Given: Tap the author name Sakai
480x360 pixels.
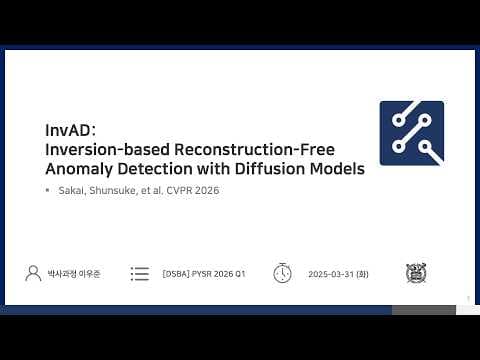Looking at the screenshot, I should [73, 190].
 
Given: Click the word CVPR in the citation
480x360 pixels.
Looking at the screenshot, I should [182, 190].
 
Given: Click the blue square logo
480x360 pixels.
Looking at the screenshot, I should [411, 133].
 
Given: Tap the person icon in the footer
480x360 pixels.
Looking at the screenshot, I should [33, 273].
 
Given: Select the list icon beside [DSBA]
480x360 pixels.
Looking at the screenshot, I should [140, 273].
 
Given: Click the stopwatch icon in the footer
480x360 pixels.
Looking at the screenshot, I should [282, 273].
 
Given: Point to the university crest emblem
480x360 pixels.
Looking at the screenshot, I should [415, 273].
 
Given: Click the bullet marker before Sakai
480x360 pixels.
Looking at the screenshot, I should [47, 190].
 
